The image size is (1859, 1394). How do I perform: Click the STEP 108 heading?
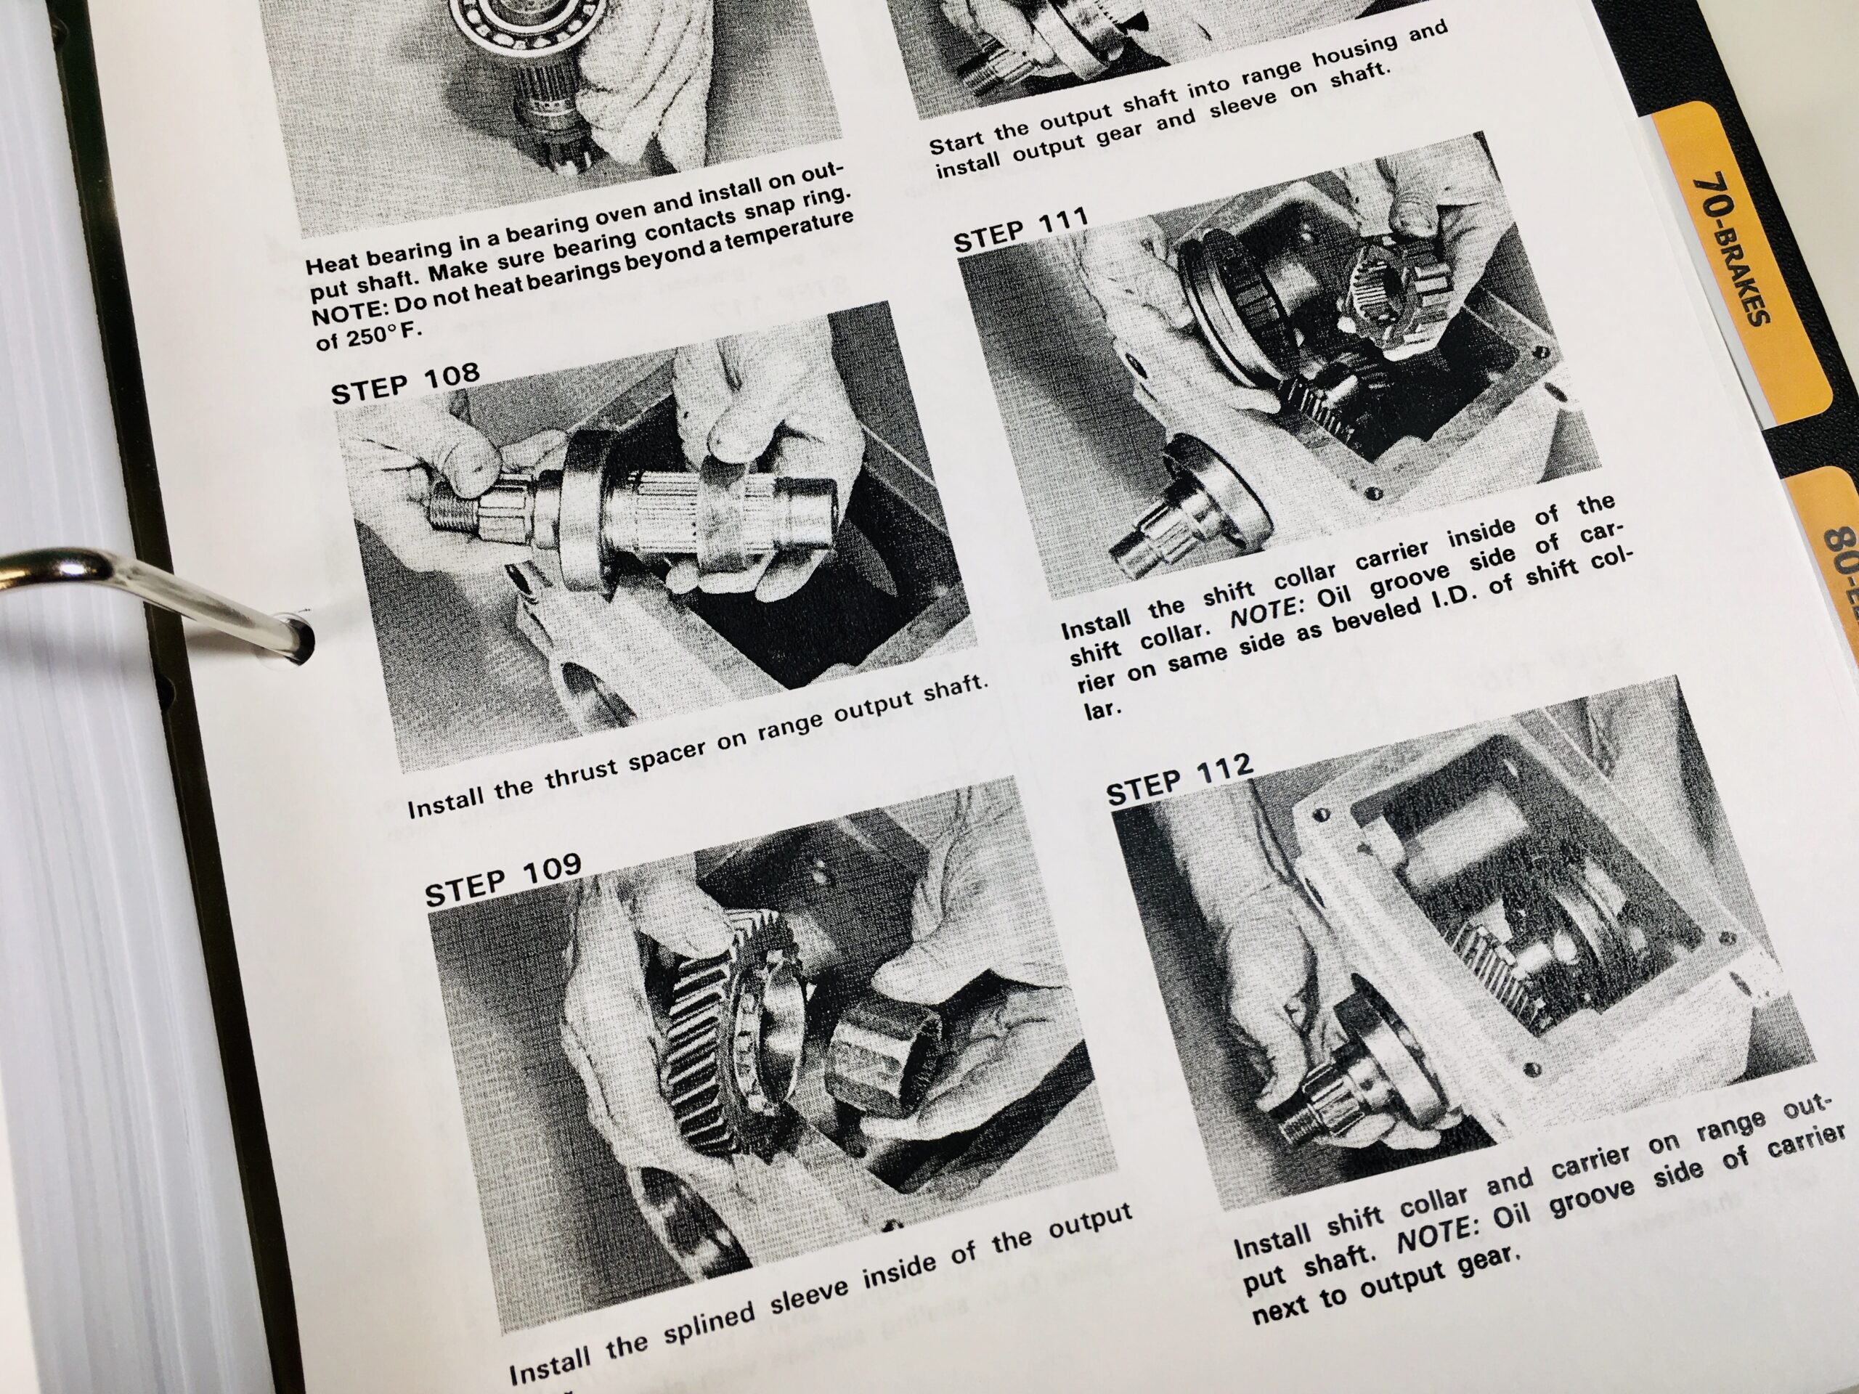pos(404,383)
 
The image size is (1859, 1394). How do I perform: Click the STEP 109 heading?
pos(502,879)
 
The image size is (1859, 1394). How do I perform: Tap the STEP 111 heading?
pos(1020,229)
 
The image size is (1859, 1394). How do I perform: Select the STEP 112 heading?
pos(1179,778)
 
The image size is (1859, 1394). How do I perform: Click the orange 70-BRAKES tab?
pos(1731,252)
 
